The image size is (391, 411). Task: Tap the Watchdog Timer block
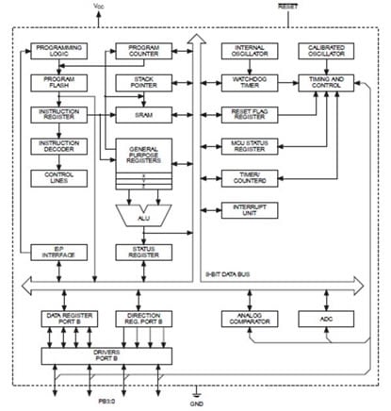pyautogui.click(x=246, y=82)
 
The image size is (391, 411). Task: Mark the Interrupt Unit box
pyautogui.click(x=246, y=209)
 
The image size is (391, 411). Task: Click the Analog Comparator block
pyautogui.click(x=246, y=320)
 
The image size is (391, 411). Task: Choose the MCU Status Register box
pyautogui.click(x=246, y=146)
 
